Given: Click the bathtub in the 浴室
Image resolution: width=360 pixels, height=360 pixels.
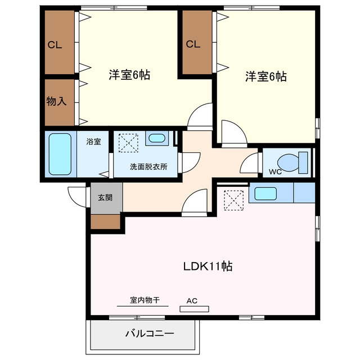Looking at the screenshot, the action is pos(60,154).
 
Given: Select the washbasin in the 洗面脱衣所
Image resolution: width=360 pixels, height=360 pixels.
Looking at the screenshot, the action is pos(157,138).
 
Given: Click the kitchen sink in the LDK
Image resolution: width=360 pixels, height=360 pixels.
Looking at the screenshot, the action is pos(265,193).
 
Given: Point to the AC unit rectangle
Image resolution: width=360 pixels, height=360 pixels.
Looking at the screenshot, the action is pos(194,309).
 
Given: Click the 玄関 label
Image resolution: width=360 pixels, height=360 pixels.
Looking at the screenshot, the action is pos(105,197).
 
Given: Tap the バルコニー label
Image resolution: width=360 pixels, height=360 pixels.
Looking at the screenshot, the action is pos(150,334).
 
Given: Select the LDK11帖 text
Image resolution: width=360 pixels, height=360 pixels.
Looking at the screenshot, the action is pos(208,266).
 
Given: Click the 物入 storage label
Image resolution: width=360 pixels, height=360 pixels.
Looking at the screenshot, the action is pos(56,101).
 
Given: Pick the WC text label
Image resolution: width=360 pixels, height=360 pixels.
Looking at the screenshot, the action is pos(275,172).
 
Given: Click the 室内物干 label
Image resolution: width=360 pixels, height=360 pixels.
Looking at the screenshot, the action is pos(145,300).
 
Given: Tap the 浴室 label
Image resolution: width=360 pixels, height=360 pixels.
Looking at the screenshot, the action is pos(94,141).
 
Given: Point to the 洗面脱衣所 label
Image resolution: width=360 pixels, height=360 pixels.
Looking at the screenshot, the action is pos(148,166).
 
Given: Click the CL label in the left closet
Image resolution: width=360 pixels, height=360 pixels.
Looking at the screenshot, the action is pos(55,45).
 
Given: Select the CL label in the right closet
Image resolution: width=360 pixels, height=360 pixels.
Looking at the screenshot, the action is pos(193,44).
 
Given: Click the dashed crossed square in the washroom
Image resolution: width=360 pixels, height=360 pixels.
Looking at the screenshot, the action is pos(128,143).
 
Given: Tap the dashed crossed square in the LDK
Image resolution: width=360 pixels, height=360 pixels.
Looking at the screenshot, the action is pos(233,200).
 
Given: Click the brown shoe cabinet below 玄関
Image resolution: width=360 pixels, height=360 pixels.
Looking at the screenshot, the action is pos(105,222).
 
